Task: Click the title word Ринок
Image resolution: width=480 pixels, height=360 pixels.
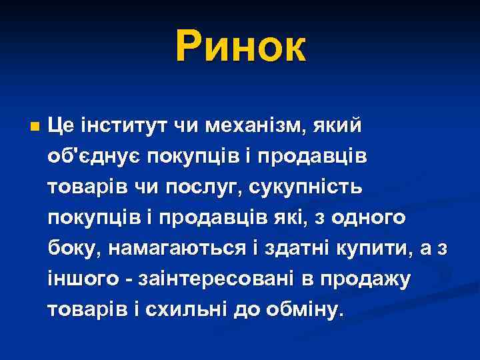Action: click(x=241, y=47)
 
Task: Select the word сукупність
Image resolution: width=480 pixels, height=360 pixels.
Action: click(x=307, y=186)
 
